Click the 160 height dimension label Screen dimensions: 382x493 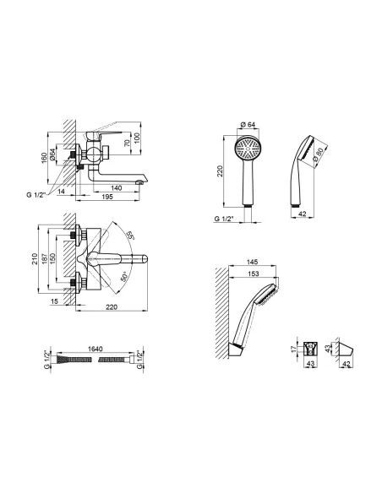[x=44, y=157]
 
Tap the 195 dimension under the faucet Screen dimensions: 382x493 [x=107, y=197]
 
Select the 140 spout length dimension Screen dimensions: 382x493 [x=116, y=188]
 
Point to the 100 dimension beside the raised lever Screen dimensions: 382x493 [x=137, y=138]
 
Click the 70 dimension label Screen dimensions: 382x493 [x=127, y=143]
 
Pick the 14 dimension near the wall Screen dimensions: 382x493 [x=62, y=191]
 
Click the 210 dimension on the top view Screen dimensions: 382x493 [x=35, y=258]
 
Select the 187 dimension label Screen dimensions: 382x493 [x=44, y=258]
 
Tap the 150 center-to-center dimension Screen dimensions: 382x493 [x=52, y=258]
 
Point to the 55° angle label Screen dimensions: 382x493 [x=130, y=236]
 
